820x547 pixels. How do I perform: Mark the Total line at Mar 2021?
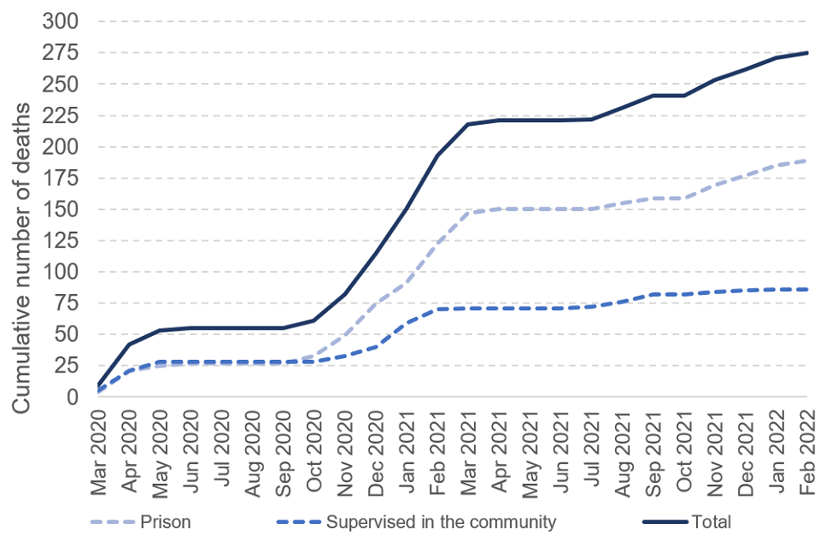468,124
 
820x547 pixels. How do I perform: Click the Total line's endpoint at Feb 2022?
806,53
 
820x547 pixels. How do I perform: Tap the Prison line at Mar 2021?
468,213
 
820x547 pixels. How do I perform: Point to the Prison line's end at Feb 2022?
806,161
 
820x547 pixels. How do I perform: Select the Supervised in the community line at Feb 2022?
806,290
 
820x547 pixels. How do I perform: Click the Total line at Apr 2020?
129,344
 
